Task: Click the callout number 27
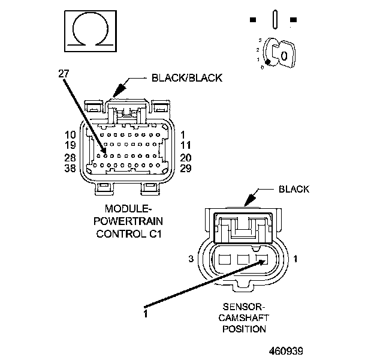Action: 64,75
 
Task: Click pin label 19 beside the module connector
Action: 70,145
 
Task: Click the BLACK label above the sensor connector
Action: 294,189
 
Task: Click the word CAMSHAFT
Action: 244,318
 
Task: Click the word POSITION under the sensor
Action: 244,329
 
